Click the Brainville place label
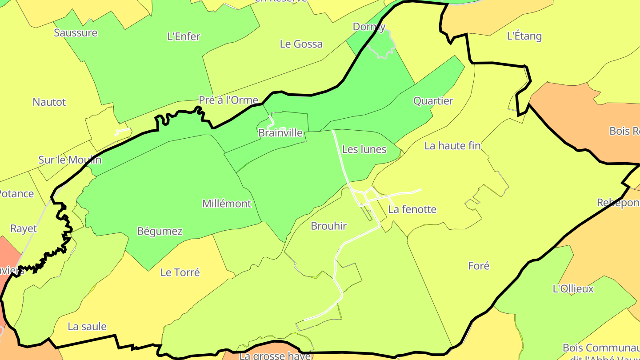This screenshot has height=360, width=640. (x=280, y=133)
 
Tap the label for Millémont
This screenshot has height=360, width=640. (x=227, y=204)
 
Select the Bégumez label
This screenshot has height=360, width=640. (x=160, y=232)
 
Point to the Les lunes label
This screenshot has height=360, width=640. (x=364, y=149)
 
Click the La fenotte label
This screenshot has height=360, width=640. (x=412, y=209)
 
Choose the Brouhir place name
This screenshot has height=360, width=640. (x=329, y=226)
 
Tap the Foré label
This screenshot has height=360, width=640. (x=479, y=266)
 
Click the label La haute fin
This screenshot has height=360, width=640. (x=452, y=146)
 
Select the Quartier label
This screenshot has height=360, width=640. (x=433, y=101)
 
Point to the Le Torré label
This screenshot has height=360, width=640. (x=180, y=272)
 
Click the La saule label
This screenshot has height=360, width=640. (x=87, y=327)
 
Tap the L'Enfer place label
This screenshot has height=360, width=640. (x=184, y=37)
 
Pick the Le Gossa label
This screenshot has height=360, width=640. (x=301, y=44)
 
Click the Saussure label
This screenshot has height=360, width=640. (x=76, y=33)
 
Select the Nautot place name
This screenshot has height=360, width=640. (x=49, y=102)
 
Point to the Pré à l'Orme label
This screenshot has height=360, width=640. (x=228, y=100)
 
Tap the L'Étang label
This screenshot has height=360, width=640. (x=524, y=36)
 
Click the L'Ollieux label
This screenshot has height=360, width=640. (x=573, y=289)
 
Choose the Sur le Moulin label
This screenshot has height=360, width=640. (x=70, y=160)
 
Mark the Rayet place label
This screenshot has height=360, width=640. (x=24, y=229)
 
